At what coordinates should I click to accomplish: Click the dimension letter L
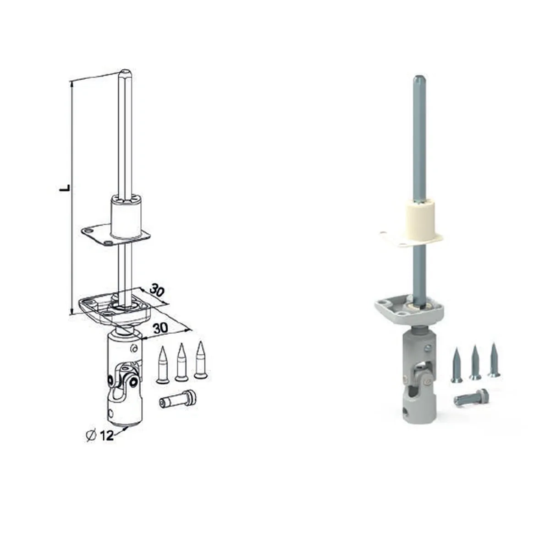coord(66,187)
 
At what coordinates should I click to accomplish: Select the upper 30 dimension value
coord(157,291)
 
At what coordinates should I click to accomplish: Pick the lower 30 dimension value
coord(160,328)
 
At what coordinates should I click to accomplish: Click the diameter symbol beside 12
coord(91,436)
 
